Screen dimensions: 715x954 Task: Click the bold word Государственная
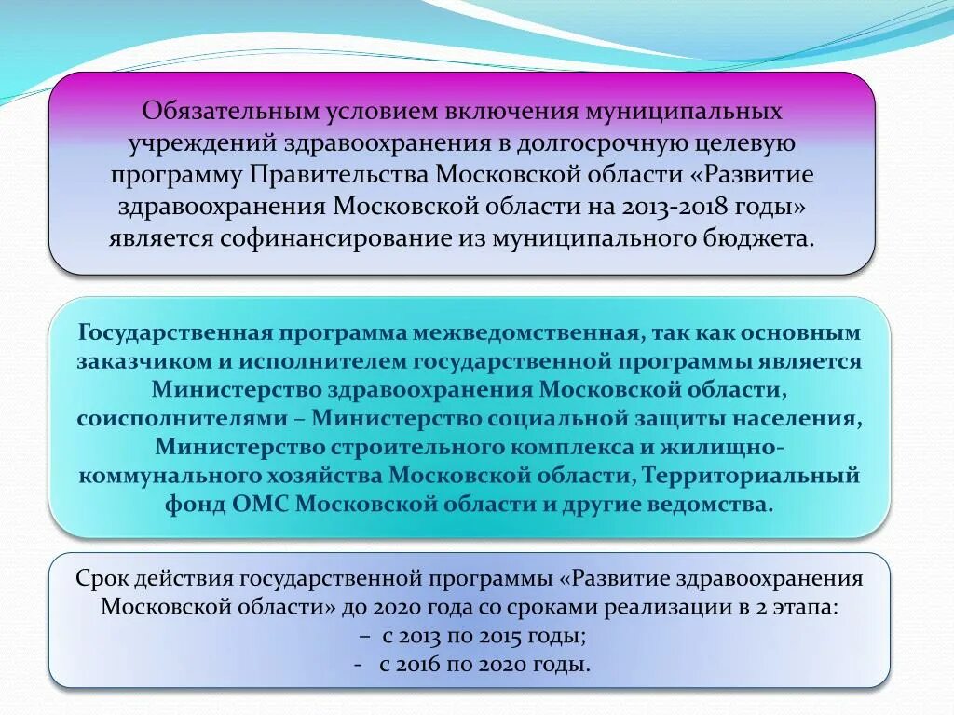point(174,333)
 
